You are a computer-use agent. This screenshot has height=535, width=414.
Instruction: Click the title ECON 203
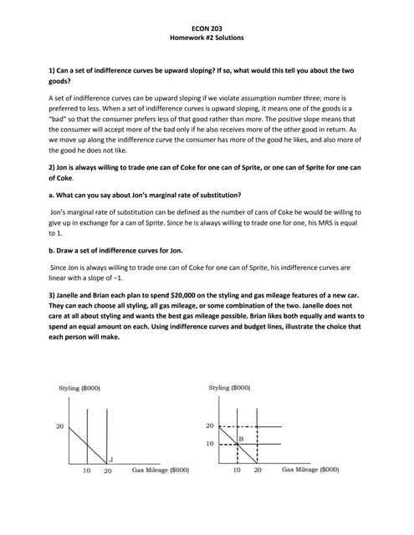click(x=207, y=28)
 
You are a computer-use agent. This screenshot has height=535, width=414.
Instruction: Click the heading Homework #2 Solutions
click(x=207, y=38)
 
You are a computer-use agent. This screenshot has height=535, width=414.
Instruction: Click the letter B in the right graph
click(x=241, y=439)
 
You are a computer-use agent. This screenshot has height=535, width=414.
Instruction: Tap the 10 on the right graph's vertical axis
click(x=212, y=444)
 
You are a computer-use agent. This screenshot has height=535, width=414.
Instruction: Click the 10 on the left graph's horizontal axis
click(x=86, y=471)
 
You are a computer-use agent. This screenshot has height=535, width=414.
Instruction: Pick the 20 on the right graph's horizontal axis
click(x=258, y=471)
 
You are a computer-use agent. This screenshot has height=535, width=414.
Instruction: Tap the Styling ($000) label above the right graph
click(x=229, y=388)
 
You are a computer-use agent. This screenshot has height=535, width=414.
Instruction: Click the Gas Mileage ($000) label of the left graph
click(x=161, y=471)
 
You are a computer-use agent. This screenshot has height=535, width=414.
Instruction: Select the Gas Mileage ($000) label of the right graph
click(x=310, y=471)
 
